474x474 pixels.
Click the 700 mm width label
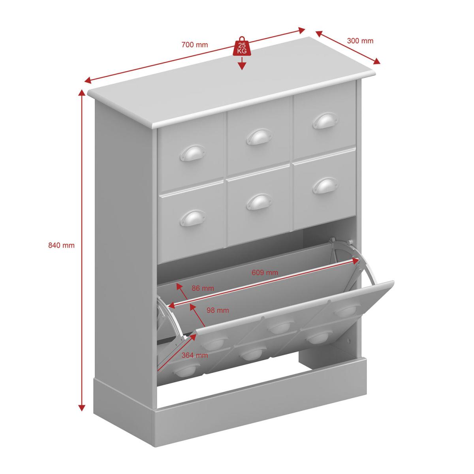tap(195, 45)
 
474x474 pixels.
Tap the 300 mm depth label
tap(360, 41)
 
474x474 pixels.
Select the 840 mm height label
tap(61, 245)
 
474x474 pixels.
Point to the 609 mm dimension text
tap(265, 272)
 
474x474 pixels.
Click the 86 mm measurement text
tap(203, 288)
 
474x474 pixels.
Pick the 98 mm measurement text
tap(217, 310)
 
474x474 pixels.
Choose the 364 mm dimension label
tap(195, 355)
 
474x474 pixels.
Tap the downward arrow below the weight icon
tap(242, 63)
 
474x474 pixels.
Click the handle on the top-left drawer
tap(193, 152)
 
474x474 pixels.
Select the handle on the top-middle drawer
tap(259, 136)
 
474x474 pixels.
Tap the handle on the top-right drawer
tap(325, 120)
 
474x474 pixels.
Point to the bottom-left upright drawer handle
tap(193, 218)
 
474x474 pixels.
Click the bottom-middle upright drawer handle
tap(259, 202)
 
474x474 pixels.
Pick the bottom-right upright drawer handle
tap(325, 186)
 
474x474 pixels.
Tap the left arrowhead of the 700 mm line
tap(88, 81)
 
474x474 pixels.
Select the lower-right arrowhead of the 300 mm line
tap(377, 62)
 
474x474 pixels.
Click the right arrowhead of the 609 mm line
tap(355, 261)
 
